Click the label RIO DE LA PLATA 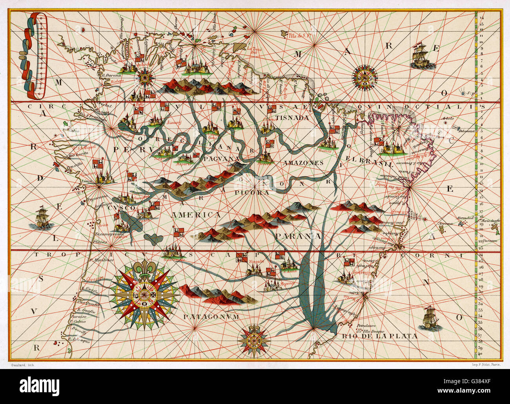point(379,336)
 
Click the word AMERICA point(196,215)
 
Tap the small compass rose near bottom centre point(255,339)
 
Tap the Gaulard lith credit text point(20,365)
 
